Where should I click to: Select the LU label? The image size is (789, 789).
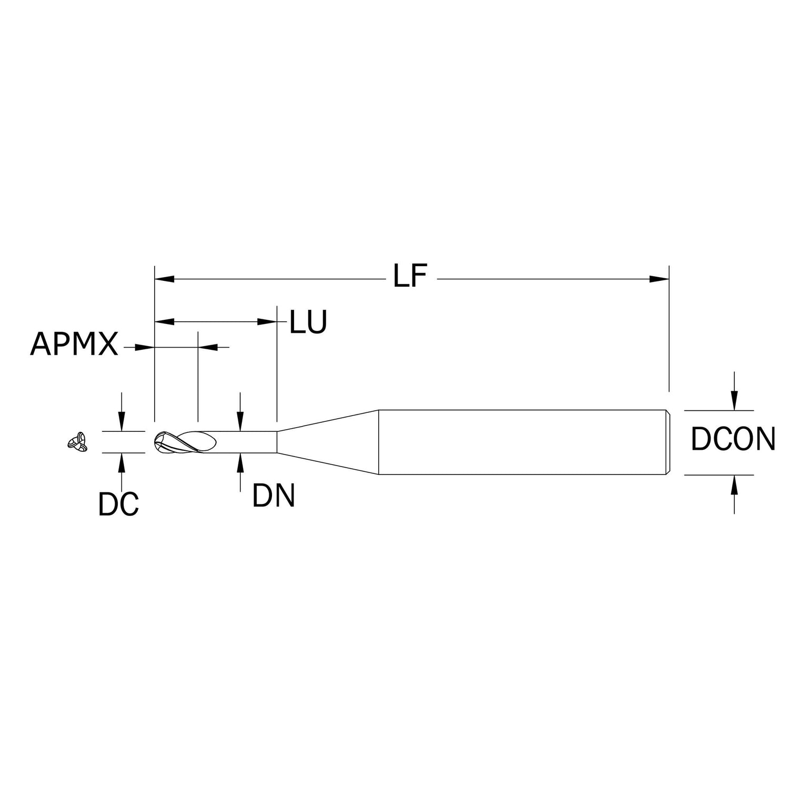click(309, 322)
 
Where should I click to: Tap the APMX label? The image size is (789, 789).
click(74, 345)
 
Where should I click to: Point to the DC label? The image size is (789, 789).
click(118, 503)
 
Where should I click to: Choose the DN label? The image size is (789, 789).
click(274, 495)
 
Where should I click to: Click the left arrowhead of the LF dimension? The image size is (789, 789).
click(164, 279)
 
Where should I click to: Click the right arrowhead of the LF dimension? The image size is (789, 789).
click(659, 279)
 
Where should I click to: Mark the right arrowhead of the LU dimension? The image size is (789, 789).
click(267, 321)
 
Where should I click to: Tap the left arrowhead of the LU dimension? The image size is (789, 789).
click(164, 321)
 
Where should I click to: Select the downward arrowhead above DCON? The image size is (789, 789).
click(735, 402)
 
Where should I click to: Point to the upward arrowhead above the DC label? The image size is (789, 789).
click(122, 461)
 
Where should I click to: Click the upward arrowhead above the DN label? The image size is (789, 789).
click(240, 461)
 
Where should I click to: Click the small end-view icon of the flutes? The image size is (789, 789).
click(77, 442)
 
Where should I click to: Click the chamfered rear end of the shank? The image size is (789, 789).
click(667, 442)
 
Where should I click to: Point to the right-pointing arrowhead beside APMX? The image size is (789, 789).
click(145, 347)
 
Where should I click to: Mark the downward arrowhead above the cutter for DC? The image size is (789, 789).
click(122, 423)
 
